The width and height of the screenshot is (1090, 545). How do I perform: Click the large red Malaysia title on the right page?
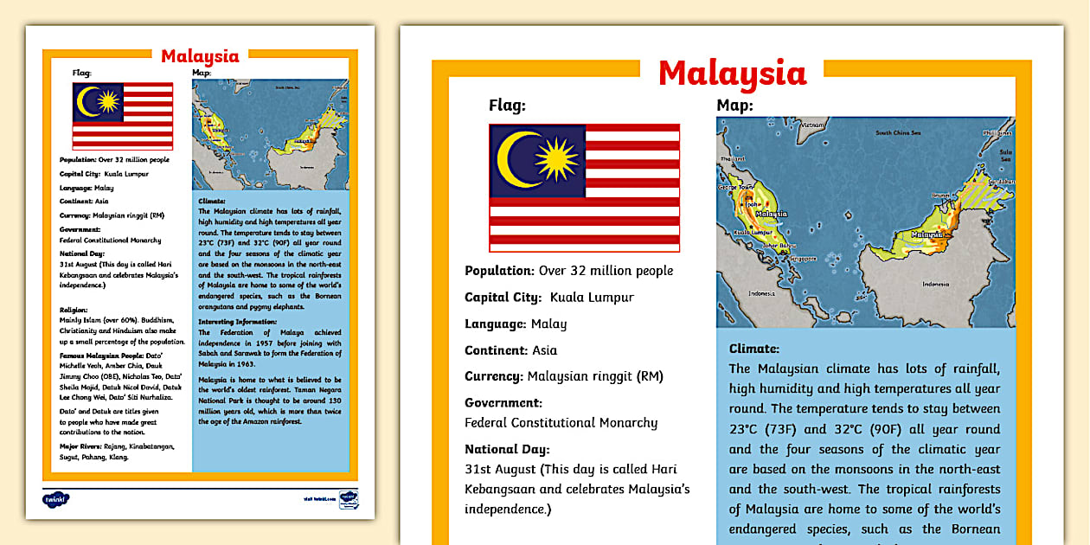pyautogui.click(x=732, y=74)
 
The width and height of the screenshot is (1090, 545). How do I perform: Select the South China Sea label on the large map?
pyautogui.click(x=898, y=132)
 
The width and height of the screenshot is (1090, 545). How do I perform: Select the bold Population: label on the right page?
pyautogui.click(x=499, y=271)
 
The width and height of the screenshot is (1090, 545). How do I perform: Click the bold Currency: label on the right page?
pyautogui.click(x=495, y=376)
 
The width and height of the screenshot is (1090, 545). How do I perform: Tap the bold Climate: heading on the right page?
pyautogui.click(x=754, y=349)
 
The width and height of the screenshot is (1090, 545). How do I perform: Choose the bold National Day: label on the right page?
pyautogui.click(x=507, y=449)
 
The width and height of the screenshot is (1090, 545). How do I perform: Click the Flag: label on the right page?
pyautogui.click(x=507, y=106)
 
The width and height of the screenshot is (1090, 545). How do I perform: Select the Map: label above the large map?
pyautogui.click(x=734, y=106)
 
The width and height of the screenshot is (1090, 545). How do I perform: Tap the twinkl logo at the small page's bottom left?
pyautogui.click(x=55, y=499)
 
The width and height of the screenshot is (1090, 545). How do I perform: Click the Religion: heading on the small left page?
pyautogui.click(x=74, y=309)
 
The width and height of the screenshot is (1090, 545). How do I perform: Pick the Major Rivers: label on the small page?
pyautogui.click(x=80, y=446)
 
